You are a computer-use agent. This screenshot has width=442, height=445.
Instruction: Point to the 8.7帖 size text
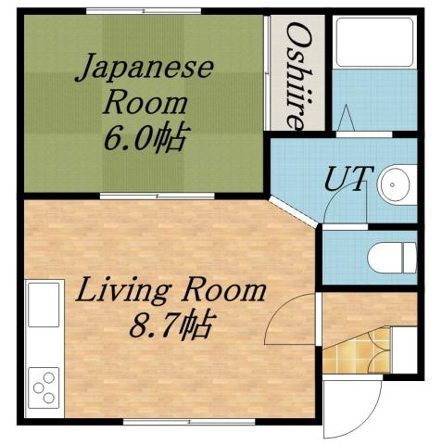click(x=174, y=326)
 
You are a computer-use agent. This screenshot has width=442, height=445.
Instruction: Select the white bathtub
click(x=374, y=43)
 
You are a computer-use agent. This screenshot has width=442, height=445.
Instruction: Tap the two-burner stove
click(x=42, y=384)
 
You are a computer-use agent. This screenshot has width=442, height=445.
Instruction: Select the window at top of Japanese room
click(x=143, y=11)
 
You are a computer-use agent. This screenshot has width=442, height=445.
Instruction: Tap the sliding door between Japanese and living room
click(x=158, y=196)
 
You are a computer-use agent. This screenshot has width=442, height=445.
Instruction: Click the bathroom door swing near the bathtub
click(x=347, y=119)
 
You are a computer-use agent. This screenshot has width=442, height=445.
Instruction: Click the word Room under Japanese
click(x=150, y=101)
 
